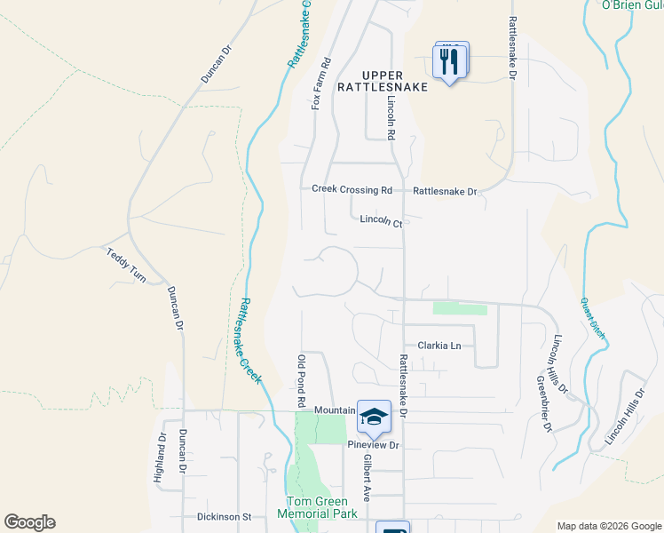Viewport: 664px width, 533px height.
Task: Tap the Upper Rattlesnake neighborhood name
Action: [x=383, y=81]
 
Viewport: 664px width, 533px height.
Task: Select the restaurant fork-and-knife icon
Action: [x=449, y=61]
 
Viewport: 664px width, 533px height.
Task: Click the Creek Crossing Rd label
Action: [x=352, y=189]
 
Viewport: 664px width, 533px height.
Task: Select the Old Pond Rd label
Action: [x=301, y=380]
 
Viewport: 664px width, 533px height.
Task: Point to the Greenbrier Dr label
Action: [x=543, y=404]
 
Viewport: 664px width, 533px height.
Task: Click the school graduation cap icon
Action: [x=374, y=416]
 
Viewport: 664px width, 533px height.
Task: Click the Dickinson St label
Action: [x=225, y=516]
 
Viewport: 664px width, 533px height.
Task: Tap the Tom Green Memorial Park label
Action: [x=317, y=507]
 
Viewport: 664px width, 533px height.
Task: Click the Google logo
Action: [x=29, y=522]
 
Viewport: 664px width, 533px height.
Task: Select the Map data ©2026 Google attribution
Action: [x=607, y=526]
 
